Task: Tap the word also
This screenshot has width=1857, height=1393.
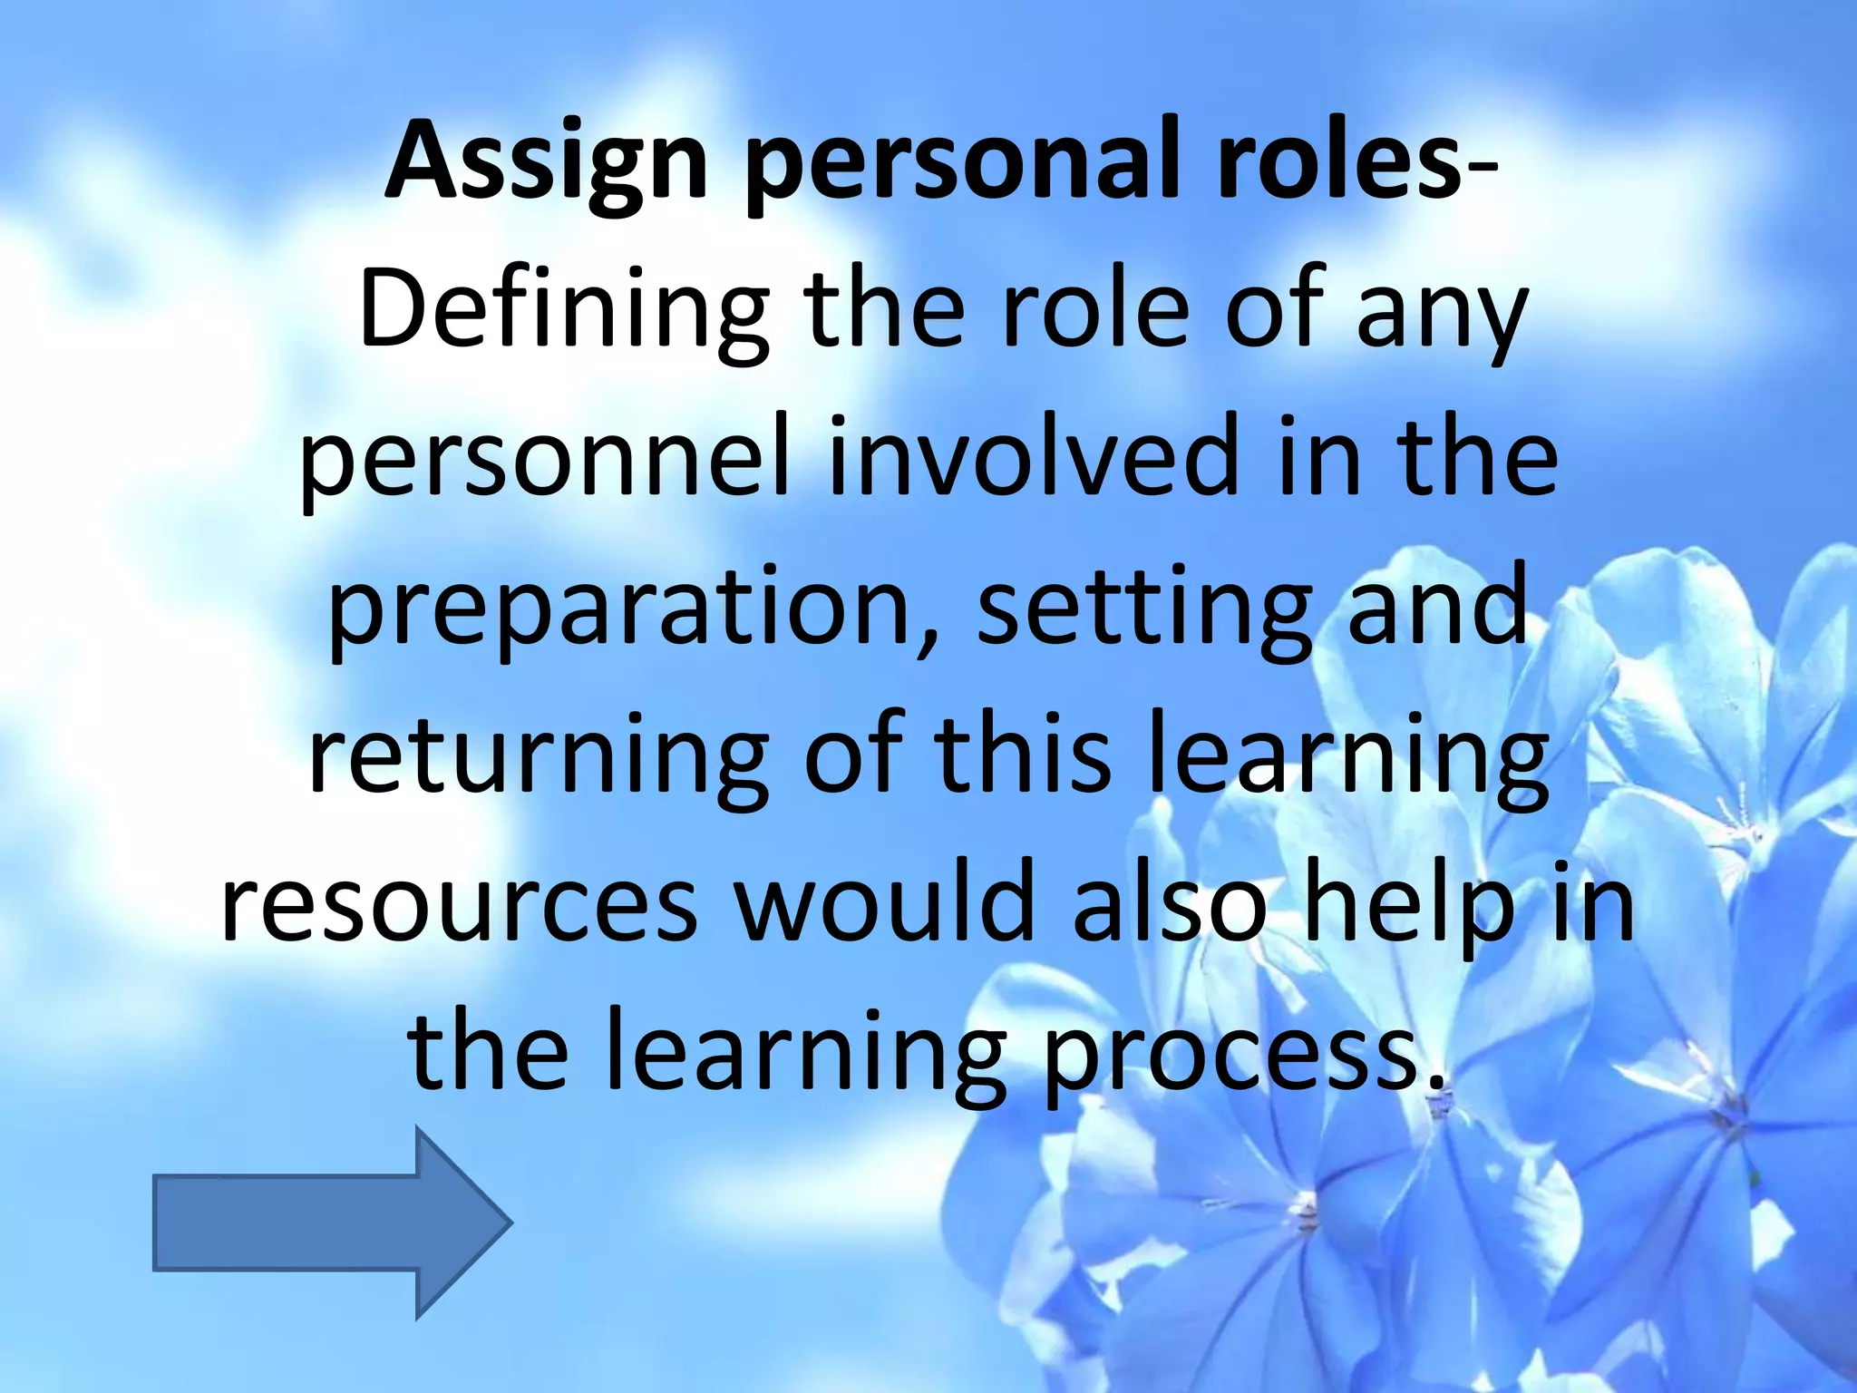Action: point(1170,903)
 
